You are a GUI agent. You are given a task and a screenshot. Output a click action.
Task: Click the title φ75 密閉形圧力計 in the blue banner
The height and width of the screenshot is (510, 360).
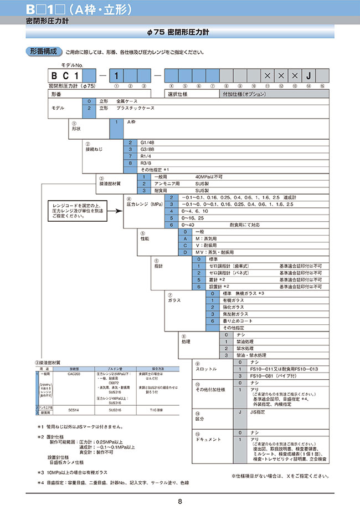180,33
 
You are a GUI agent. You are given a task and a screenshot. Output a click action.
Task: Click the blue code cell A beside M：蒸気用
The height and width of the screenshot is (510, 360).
178,238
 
